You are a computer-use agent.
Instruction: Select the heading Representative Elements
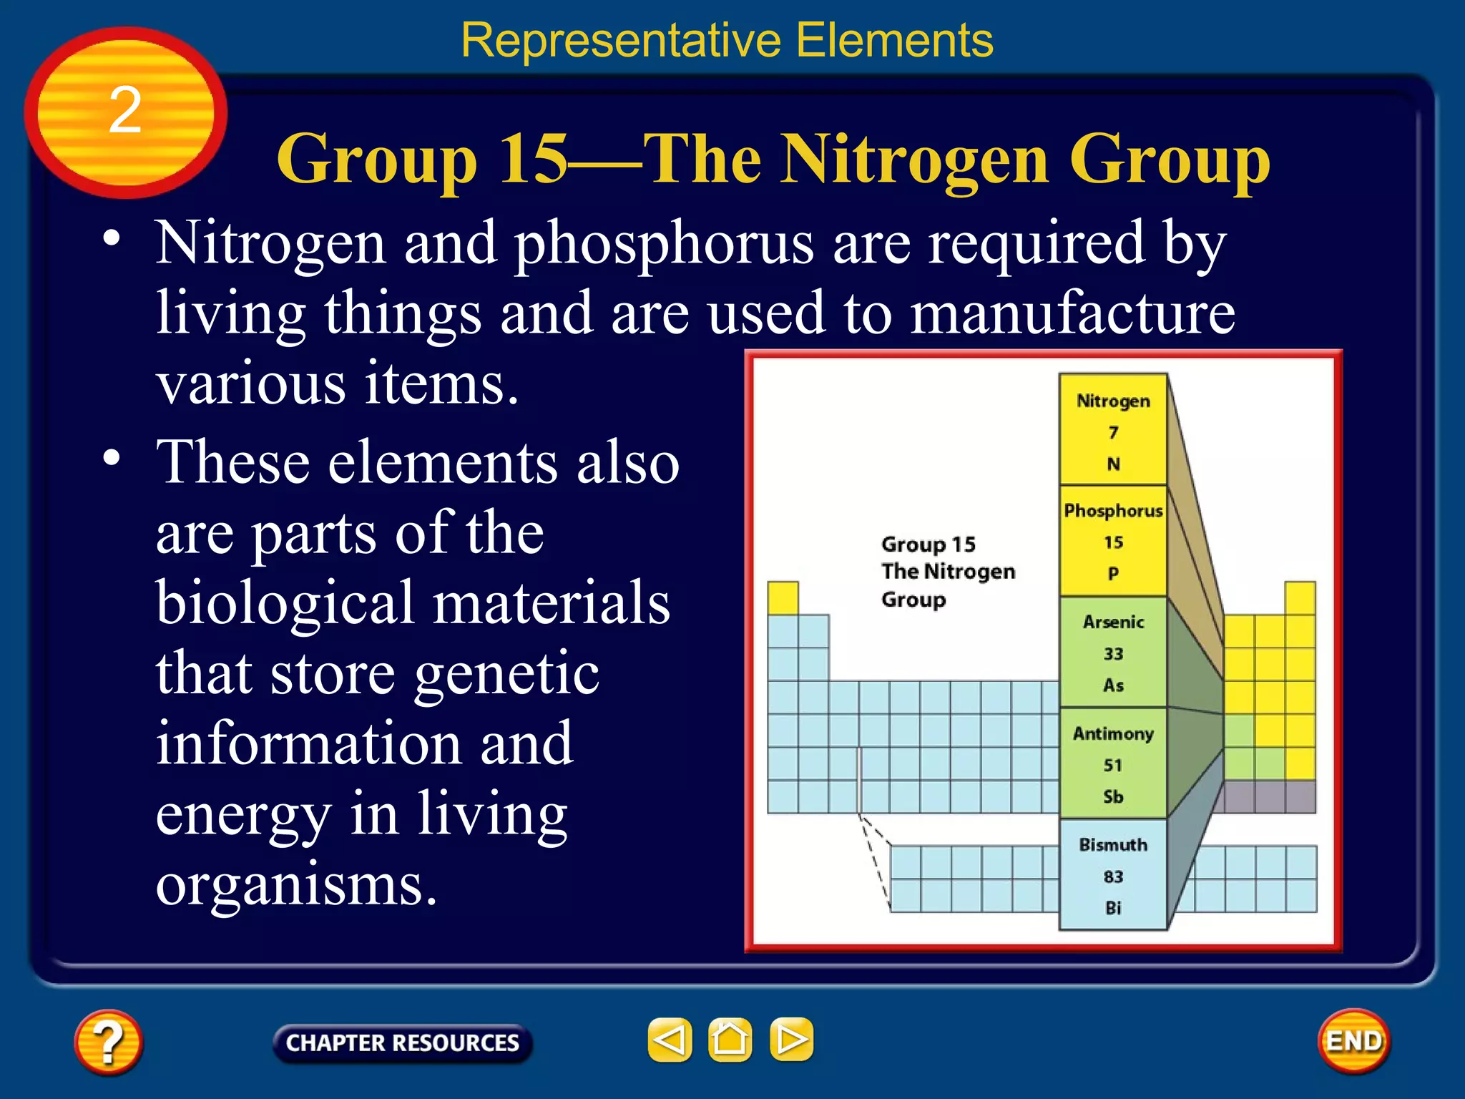click(727, 40)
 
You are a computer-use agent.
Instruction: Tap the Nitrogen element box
click(1112, 429)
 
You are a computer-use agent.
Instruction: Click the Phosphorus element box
click(1112, 541)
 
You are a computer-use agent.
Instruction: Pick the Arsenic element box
click(1112, 653)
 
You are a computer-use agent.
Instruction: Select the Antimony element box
click(1112, 764)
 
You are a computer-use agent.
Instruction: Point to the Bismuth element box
click(1112, 875)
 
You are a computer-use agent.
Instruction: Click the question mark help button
click(108, 1042)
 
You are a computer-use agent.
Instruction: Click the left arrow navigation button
click(670, 1040)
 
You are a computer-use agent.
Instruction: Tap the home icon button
click(730, 1040)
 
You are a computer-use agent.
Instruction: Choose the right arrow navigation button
click(791, 1040)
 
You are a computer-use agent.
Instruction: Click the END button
click(1353, 1041)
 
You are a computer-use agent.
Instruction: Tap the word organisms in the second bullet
click(296, 886)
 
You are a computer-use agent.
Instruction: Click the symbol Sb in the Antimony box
click(1113, 797)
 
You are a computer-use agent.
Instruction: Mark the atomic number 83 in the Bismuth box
click(1113, 876)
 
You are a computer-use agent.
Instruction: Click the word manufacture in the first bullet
click(1072, 313)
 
